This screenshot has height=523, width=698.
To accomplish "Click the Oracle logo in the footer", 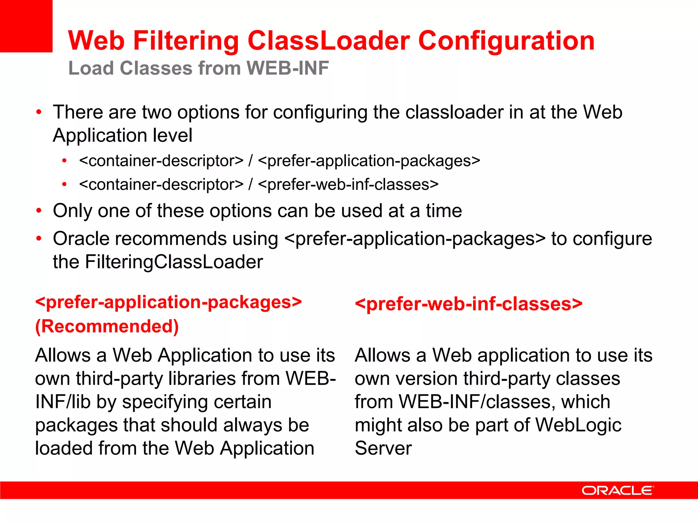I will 617,491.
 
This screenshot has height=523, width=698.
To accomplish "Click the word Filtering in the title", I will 186,41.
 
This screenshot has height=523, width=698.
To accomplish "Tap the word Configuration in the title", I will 506,41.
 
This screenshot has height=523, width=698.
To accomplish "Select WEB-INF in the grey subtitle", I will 288,68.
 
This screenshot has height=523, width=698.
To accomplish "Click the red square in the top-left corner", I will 26,26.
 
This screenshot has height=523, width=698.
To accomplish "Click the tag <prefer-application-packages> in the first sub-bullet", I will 369,161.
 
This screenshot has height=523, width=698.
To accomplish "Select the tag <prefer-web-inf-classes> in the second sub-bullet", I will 348,185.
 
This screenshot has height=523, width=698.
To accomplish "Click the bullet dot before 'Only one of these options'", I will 39,211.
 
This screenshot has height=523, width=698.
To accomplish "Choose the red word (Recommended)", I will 107,326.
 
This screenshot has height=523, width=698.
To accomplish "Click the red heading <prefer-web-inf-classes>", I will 469,304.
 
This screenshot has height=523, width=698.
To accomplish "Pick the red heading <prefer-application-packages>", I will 169,302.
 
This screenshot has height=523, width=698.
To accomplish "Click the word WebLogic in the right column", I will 578,425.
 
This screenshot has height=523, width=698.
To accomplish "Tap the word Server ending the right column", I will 383,448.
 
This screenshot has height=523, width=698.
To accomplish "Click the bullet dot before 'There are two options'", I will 39,112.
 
